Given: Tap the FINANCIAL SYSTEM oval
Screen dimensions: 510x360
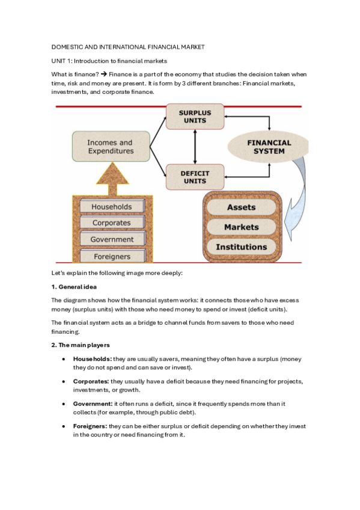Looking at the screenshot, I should pos(269,147).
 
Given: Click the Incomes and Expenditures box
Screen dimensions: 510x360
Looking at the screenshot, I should pos(110,147).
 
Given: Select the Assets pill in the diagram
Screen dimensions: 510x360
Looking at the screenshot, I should pos(241,207).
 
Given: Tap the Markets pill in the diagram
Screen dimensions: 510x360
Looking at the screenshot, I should pos(241,227).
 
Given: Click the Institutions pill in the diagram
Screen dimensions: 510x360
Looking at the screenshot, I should pos(241,247).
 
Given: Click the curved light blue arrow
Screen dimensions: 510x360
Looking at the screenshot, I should pos(297,198).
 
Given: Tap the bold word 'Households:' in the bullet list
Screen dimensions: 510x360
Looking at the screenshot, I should pos(92,359).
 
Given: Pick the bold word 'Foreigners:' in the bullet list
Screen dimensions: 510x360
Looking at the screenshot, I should pos(91,426).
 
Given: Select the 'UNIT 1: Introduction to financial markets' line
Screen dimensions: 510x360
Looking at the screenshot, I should pos(108,61).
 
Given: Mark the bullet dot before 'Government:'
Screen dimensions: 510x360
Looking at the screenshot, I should pos(64,404).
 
